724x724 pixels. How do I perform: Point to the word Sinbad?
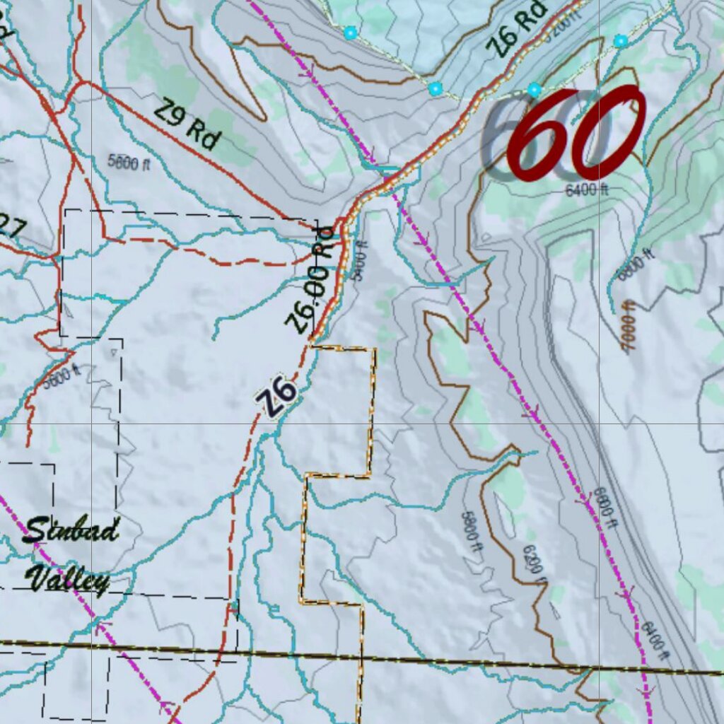[x=70, y=530]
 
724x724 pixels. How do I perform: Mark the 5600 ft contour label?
[x=62, y=377]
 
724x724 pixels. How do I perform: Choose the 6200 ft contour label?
[x=535, y=562]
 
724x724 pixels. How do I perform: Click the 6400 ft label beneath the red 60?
[x=587, y=189]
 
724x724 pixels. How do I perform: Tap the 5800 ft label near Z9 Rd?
[x=129, y=160]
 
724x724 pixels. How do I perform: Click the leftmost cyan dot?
[x=350, y=33]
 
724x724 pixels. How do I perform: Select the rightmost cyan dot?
[x=620, y=41]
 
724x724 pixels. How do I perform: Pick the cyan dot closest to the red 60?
[x=534, y=90]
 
